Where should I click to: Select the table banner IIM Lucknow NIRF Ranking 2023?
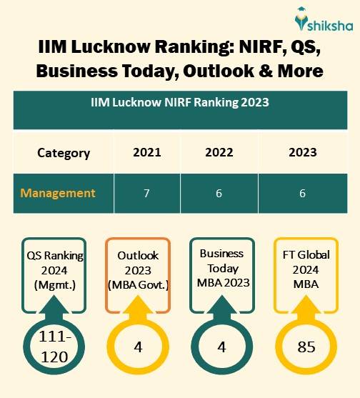[179, 102]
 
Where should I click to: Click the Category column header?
[64, 152]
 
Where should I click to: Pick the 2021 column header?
[146, 152]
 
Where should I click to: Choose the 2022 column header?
[219, 152]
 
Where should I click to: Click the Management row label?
[58, 193]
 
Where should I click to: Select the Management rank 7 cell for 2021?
[146, 193]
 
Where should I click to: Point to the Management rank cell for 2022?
[219, 193]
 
